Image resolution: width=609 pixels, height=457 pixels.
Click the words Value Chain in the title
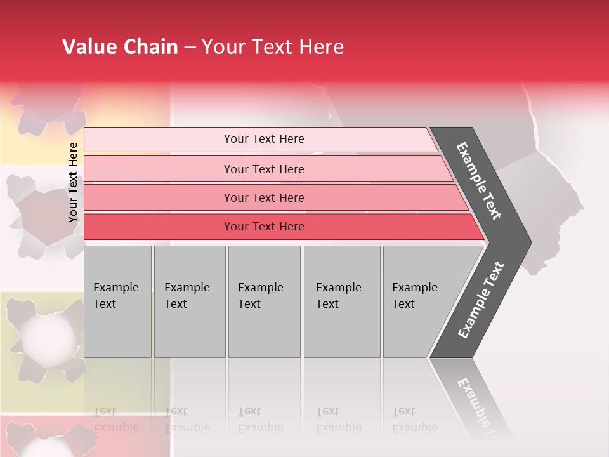point(120,47)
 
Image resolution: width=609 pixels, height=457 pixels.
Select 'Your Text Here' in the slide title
point(273,47)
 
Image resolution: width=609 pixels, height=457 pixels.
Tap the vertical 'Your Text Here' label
point(74,182)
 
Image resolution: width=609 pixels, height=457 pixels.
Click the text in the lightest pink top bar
point(264,139)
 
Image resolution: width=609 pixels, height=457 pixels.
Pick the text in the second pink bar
point(264,169)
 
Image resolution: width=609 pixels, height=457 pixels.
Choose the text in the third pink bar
point(264,197)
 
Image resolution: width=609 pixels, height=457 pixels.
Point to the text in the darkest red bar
point(264,227)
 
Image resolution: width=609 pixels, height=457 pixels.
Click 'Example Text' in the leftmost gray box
point(115,296)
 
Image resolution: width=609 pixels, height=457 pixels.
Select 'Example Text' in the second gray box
point(187,296)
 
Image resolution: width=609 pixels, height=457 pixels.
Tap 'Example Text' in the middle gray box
point(260,296)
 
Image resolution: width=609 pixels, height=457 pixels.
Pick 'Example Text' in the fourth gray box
point(338,296)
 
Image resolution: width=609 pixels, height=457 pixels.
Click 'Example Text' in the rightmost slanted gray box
point(414,296)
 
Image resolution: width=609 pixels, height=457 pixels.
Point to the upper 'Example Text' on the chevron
point(479,181)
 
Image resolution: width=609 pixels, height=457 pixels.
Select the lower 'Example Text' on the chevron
point(480,300)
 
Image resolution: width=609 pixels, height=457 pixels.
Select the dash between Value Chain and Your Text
point(190,48)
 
